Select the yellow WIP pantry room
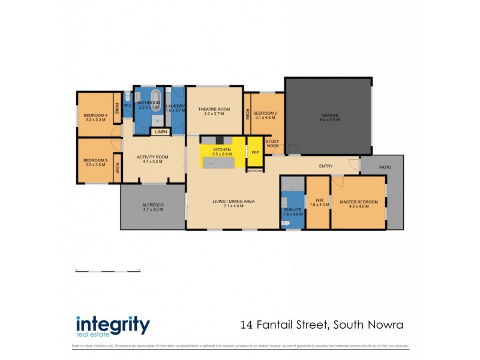coord(255,152)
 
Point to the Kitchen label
coord(222,149)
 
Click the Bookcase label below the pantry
coord(255,170)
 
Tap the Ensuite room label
coord(292,211)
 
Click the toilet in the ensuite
coord(286,223)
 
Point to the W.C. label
coord(128,106)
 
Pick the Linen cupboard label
coord(161,131)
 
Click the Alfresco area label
coord(153,207)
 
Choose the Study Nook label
coord(272,143)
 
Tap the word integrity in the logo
coord(113,325)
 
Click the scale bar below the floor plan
coord(108,270)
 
